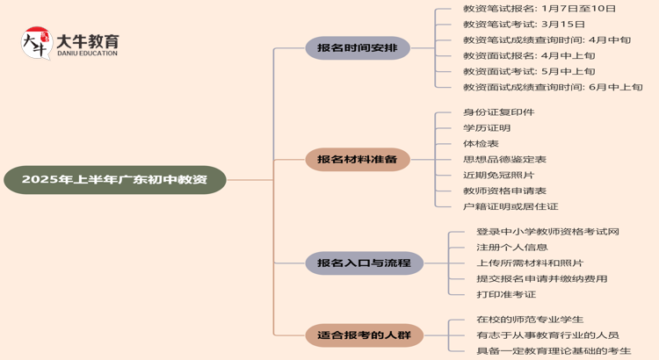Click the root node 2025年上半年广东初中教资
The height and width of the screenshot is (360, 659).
click(x=114, y=180)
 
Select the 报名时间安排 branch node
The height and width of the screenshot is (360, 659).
click(x=357, y=48)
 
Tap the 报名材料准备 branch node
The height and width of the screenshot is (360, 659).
click(x=357, y=160)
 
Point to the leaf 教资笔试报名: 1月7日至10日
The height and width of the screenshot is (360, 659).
click(x=540, y=9)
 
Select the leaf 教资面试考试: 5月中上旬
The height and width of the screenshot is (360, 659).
click(x=529, y=72)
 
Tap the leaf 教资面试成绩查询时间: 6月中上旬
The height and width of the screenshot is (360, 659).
click(x=553, y=88)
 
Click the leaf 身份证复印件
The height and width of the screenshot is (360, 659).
click(x=498, y=112)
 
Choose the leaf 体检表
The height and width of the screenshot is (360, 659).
click(x=481, y=144)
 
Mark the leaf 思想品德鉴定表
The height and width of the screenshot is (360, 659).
click(x=504, y=160)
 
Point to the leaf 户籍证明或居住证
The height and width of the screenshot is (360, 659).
click(x=511, y=207)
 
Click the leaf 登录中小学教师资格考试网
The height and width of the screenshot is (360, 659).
click(x=547, y=232)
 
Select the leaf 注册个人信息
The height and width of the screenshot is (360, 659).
click(x=511, y=248)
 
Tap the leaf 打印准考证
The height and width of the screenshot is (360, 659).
click(x=505, y=295)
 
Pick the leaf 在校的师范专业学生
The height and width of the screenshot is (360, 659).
click(x=529, y=320)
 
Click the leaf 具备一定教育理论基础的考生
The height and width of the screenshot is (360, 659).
click(x=554, y=351)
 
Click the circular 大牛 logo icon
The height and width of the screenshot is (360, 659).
click(x=35, y=43)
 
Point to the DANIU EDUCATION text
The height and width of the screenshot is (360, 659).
click(x=86, y=54)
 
